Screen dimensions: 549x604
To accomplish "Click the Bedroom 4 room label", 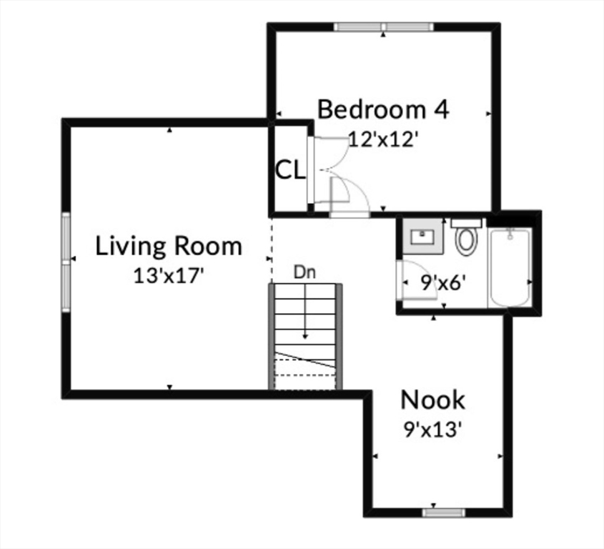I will [383, 110].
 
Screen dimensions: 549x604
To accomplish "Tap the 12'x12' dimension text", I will [382, 139].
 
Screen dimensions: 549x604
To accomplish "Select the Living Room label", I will [169, 247].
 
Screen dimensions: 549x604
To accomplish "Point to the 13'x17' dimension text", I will [169, 275].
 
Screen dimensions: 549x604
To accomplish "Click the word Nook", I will [432, 400].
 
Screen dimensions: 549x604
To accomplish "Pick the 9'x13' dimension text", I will [432, 429].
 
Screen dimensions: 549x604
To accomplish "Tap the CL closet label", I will [290, 170].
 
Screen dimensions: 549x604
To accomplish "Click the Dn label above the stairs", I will [305, 272].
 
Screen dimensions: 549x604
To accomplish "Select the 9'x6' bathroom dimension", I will [443, 282].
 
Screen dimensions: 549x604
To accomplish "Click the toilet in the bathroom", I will [466, 239].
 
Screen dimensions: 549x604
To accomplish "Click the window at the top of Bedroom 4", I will [384, 27].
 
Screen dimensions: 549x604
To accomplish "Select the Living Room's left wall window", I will [66, 262].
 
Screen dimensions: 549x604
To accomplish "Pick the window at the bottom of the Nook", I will [443, 512].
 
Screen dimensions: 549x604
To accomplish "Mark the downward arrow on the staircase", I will [305, 315].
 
